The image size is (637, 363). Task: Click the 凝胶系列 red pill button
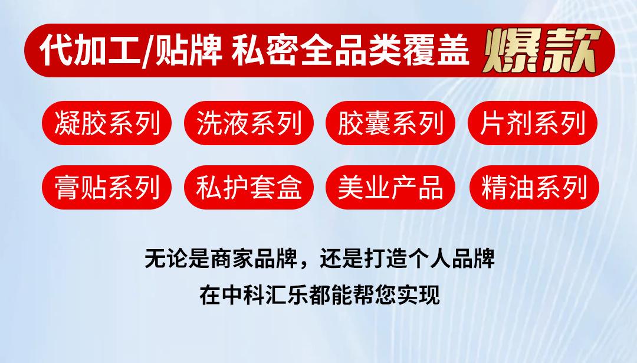107,123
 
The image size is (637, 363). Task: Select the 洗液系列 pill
249,123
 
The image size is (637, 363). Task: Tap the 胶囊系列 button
390,123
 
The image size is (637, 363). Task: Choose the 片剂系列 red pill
533,123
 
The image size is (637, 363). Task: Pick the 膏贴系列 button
107,188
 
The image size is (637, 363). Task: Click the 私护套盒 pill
249,188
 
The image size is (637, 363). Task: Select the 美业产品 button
390,188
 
